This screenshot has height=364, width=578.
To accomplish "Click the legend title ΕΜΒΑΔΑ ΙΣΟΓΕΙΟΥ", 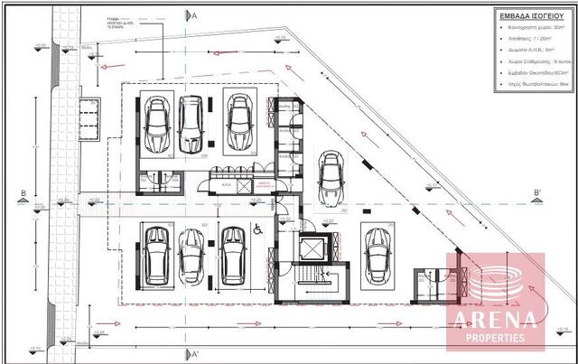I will (531, 15).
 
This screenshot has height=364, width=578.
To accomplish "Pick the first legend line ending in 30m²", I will (532, 30).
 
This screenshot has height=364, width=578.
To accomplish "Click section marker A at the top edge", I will (191, 15).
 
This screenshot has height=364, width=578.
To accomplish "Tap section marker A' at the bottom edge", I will (191, 353).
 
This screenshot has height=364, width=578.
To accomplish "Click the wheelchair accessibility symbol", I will (256, 232).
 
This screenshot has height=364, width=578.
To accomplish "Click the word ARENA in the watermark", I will (495, 318).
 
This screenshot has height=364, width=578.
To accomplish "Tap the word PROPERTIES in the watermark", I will (495, 337).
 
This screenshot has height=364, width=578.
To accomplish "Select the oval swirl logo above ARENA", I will (496, 282).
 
